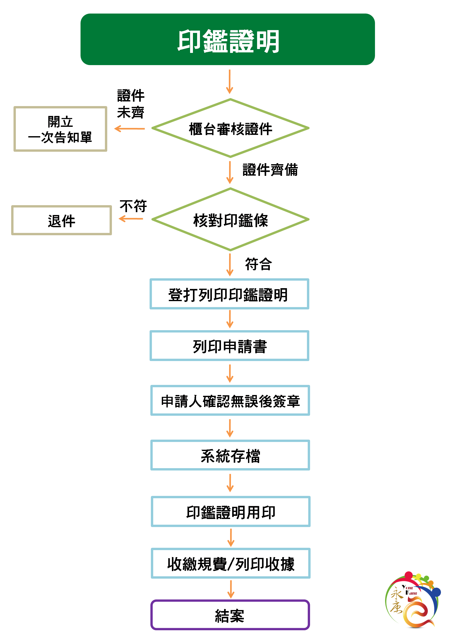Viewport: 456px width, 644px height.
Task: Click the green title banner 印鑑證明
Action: [x=227, y=39]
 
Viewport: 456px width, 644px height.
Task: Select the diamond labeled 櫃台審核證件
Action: [x=230, y=128]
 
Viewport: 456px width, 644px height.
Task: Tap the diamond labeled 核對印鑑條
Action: [x=230, y=220]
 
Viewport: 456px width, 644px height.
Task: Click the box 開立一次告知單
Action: [x=60, y=129]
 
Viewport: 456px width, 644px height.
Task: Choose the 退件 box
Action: [x=62, y=220]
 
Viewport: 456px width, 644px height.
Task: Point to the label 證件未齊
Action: [x=131, y=104]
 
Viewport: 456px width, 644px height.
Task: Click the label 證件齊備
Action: [x=270, y=170]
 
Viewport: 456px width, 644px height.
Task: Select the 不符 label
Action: [x=133, y=206]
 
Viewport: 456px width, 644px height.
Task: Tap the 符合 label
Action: [x=258, y=264]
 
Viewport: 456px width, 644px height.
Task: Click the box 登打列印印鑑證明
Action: [x=229, y=294]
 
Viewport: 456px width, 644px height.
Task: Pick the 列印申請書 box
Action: [x=229, y=346]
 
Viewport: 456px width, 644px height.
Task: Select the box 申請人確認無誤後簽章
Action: [x=230, y=400]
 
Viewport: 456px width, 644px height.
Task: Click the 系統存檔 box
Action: [x=230, y=455]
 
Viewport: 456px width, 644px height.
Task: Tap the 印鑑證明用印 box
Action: [x=231, y=512]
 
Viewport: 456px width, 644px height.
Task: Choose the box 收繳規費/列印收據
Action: [x=231, y=564]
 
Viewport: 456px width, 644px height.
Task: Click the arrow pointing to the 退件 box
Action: [x=131, y=219]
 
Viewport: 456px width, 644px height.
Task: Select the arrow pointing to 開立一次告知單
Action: [x=129, y=129]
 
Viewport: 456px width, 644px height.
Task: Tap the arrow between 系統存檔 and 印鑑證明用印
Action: [x=230, y=483]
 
